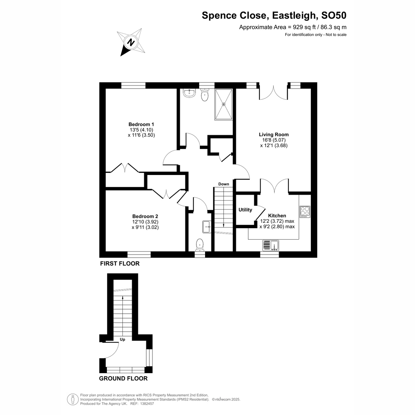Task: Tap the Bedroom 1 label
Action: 141,124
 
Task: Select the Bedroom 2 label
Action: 145,216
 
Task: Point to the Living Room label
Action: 274,135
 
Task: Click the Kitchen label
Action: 277,215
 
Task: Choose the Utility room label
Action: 245,210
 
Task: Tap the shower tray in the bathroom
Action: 223,104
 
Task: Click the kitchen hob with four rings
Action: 305,212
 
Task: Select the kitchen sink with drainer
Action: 271,246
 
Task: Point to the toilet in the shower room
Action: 204,95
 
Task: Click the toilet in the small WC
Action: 200,245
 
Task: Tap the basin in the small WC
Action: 207,227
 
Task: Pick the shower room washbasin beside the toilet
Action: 189,93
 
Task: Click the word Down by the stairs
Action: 223,184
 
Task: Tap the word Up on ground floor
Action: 122,340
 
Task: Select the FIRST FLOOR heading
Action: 120,264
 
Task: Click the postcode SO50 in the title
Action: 334,16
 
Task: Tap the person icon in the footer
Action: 73,399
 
